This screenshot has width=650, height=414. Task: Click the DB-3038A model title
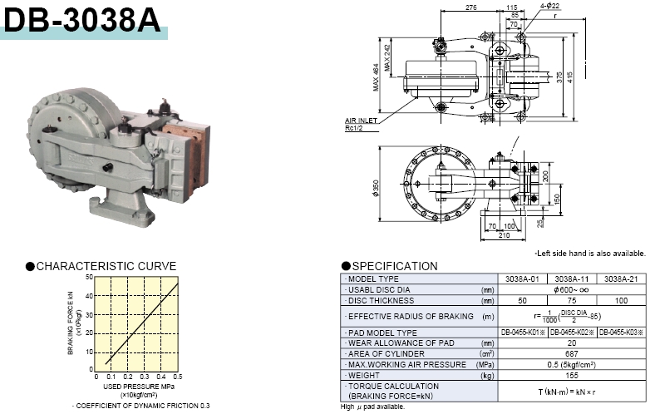coord(82,19)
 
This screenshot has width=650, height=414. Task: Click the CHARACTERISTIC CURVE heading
coord(106,266)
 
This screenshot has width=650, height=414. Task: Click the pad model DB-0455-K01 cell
coord(523,333)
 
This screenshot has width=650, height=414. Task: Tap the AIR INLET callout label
coord(362,120)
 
